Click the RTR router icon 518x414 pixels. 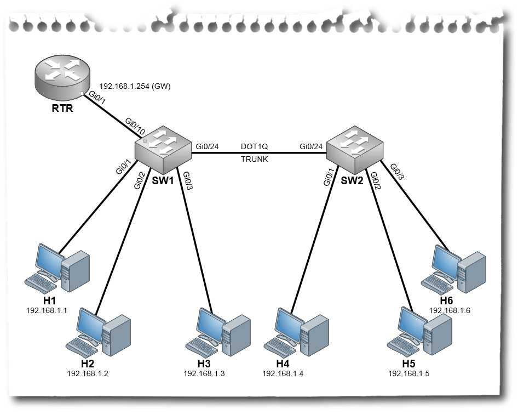tap(62, 76)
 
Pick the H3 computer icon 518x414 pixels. tap(218, 332)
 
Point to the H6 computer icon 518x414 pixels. tap(453, 269)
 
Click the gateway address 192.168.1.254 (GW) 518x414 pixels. tap(135, 87)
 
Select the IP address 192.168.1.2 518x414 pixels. tap(88, 373)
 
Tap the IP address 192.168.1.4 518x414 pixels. tap(283, 373)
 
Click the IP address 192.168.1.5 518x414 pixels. tap(408, 373)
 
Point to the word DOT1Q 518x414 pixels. tap(255, 146)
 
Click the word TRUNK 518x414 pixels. tap(255, 159)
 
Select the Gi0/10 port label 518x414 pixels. tap(135, 126)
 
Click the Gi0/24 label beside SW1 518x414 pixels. tap(207, 146)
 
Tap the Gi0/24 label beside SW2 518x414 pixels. tap(311, 146)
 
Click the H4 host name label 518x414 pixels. tap(283, 364)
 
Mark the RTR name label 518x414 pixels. tap(62, 108)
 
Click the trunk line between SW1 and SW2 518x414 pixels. tap(259, 153)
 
